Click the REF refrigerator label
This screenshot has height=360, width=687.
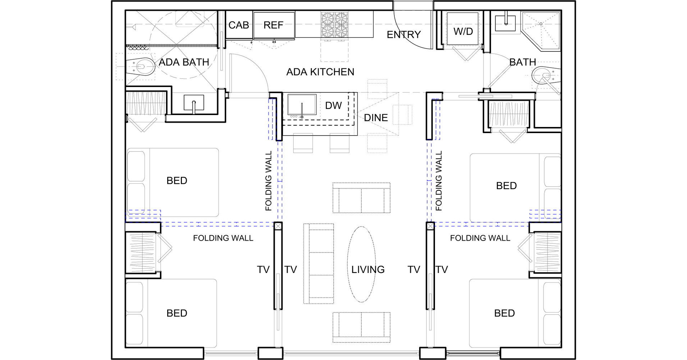tap(273, 25)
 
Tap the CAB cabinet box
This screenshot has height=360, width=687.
tap(239, 25)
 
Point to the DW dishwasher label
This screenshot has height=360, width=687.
tap(333, 106)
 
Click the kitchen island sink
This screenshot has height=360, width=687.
tap(302, 105)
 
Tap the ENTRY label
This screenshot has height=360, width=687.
tap(403, 35)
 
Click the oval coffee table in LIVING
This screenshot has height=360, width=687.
tap(361, 264)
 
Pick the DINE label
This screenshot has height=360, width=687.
tap(376, 118)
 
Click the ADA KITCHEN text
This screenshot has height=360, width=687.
tap(320, 72)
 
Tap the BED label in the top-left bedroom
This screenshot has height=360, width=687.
tap(177, 181)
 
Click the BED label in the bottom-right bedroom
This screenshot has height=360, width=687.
tap(504, 313)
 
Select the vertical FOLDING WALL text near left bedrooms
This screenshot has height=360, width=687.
tap(269, 181)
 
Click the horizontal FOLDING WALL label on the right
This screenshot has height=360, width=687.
tap(480, 238)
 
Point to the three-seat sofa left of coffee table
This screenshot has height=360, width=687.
tap(319, 264)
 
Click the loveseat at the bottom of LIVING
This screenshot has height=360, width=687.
tap(361, 327)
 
